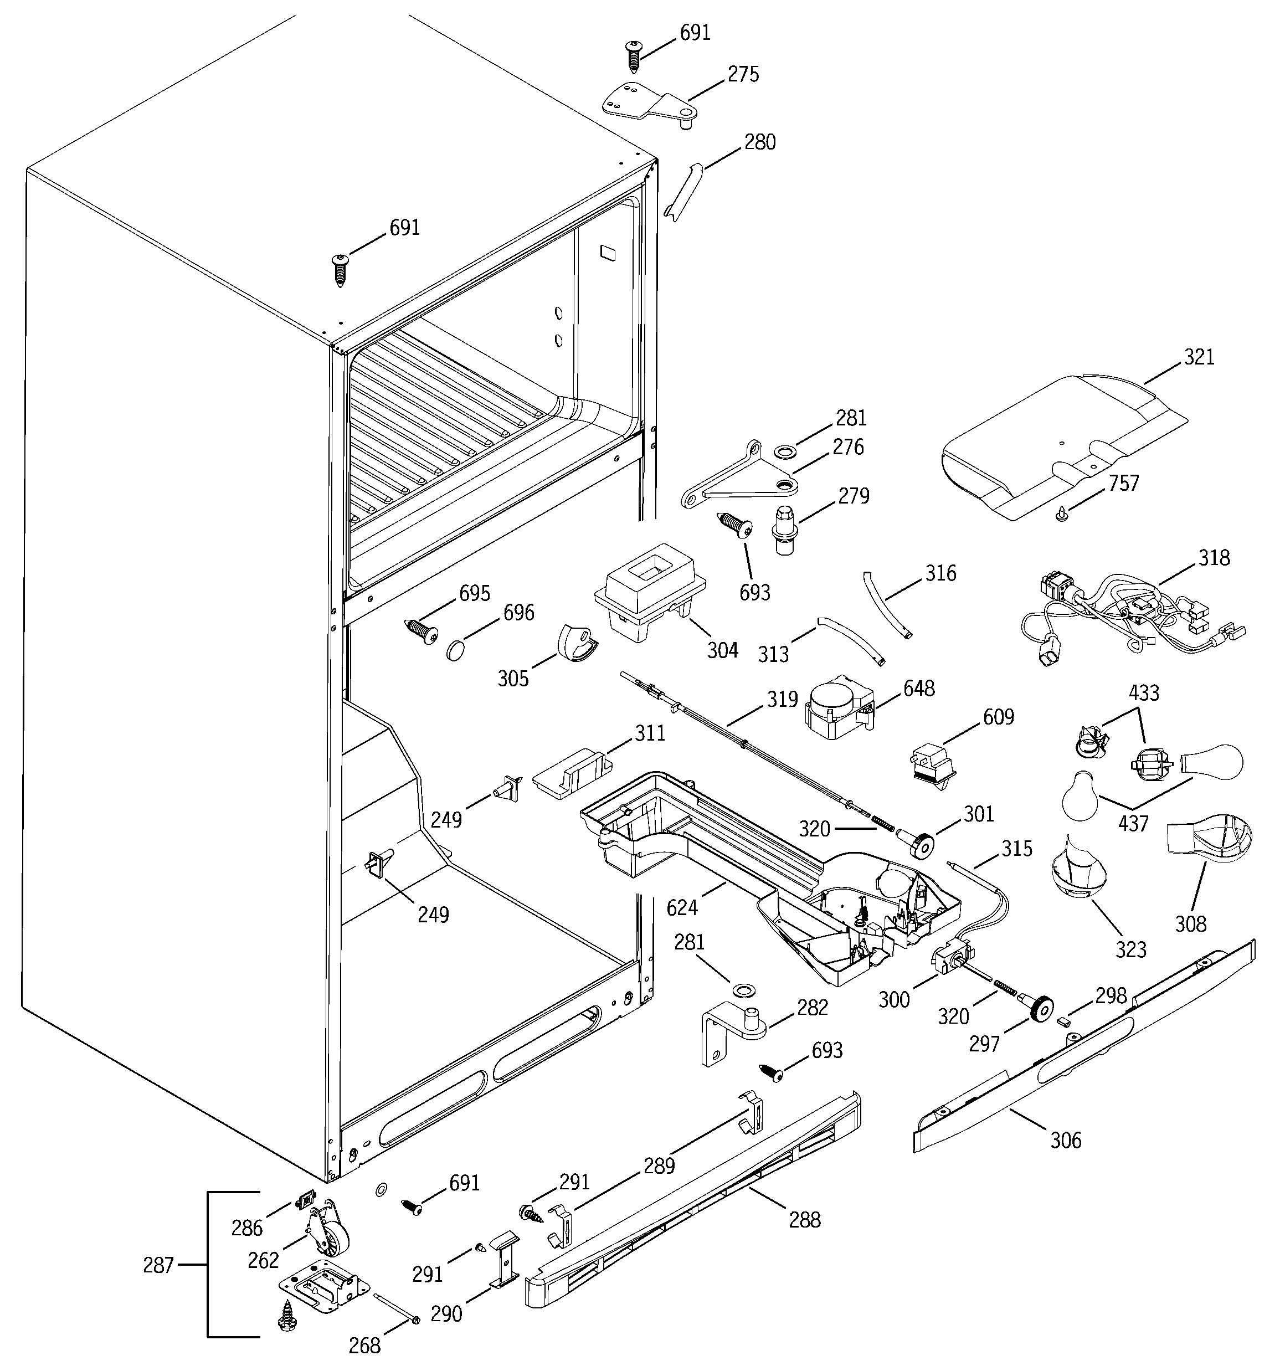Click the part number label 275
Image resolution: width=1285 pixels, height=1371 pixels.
[x=743, y=74]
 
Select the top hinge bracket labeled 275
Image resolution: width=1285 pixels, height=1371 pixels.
[x=649, y=104]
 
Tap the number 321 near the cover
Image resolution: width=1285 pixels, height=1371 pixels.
[x=1199, y=357]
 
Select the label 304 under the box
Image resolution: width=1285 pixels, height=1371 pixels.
[x=722, y=650]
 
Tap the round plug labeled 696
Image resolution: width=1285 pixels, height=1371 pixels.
[x=456, y=650]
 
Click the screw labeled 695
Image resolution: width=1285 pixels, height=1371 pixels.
[x=422, y=630]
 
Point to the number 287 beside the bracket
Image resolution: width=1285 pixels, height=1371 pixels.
[x=158, y=1266]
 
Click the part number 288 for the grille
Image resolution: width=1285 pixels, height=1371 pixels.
[x=804, y=1220]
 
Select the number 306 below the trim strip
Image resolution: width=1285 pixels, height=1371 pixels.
[x=1066, y=1141]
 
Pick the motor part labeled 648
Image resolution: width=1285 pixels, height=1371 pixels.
[x=837, y=707]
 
